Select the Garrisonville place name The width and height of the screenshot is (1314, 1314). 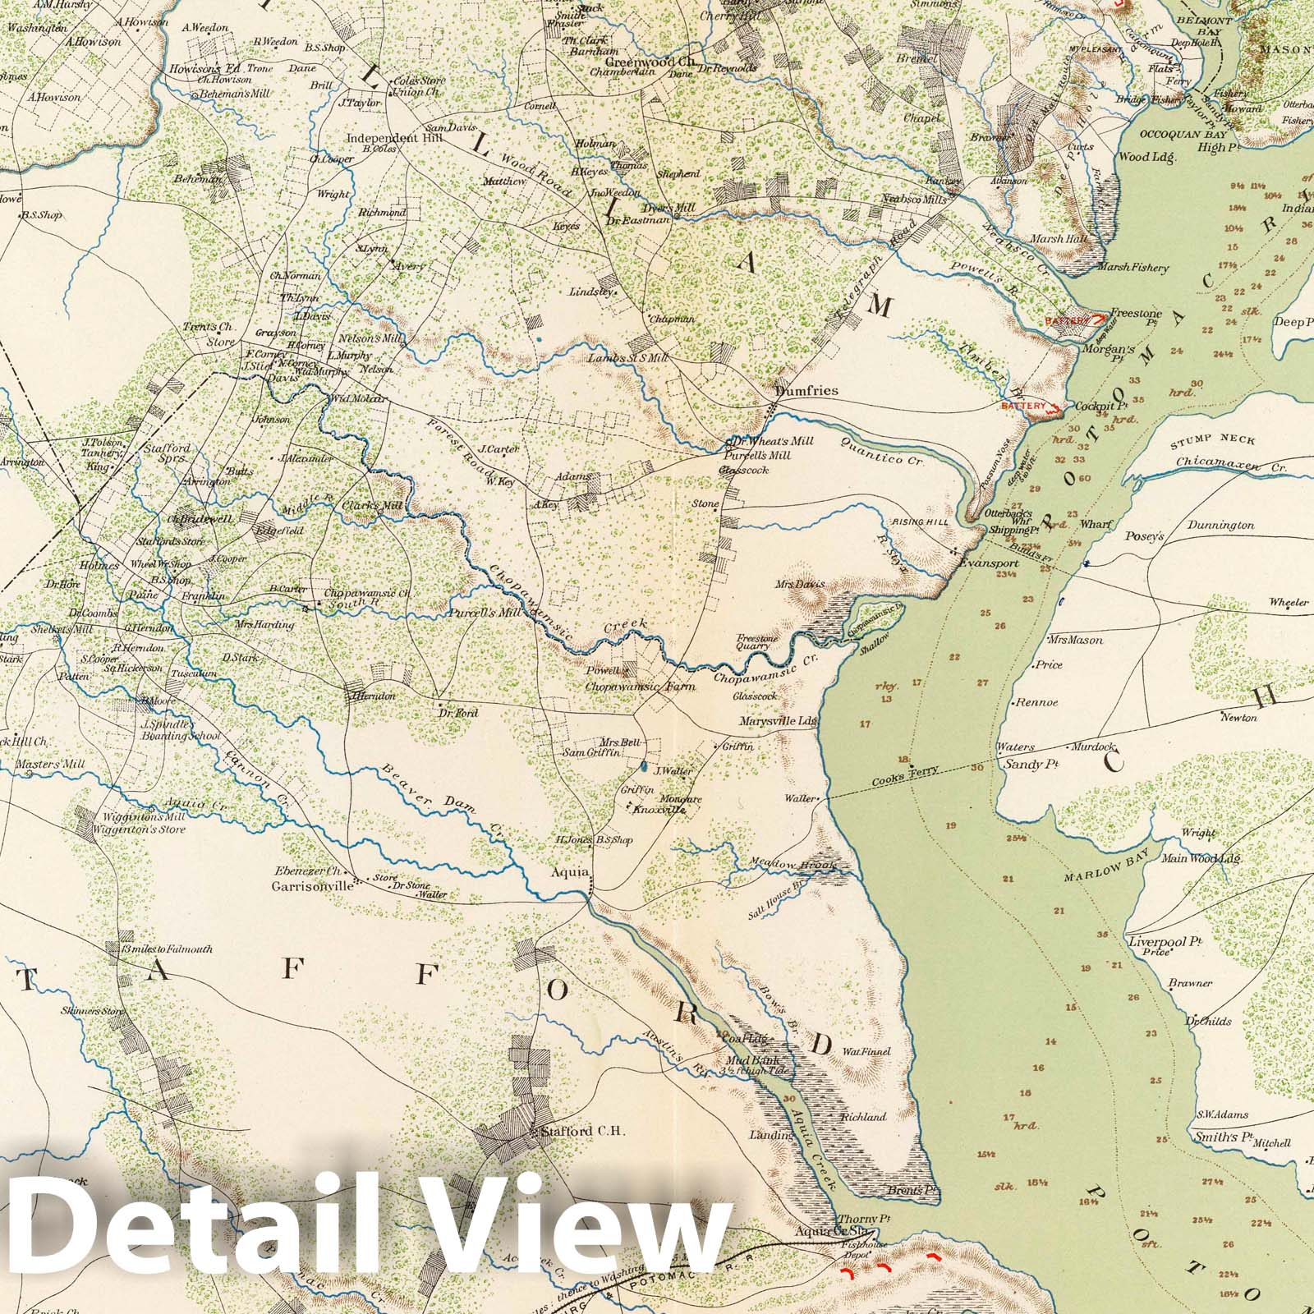(x=313, y=887)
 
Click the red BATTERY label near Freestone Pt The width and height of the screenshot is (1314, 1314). (x=1066, y=319)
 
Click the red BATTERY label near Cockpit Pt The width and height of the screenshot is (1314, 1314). (x=1021, y=406)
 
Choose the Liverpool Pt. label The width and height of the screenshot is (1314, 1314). (x=1162, y=942)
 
